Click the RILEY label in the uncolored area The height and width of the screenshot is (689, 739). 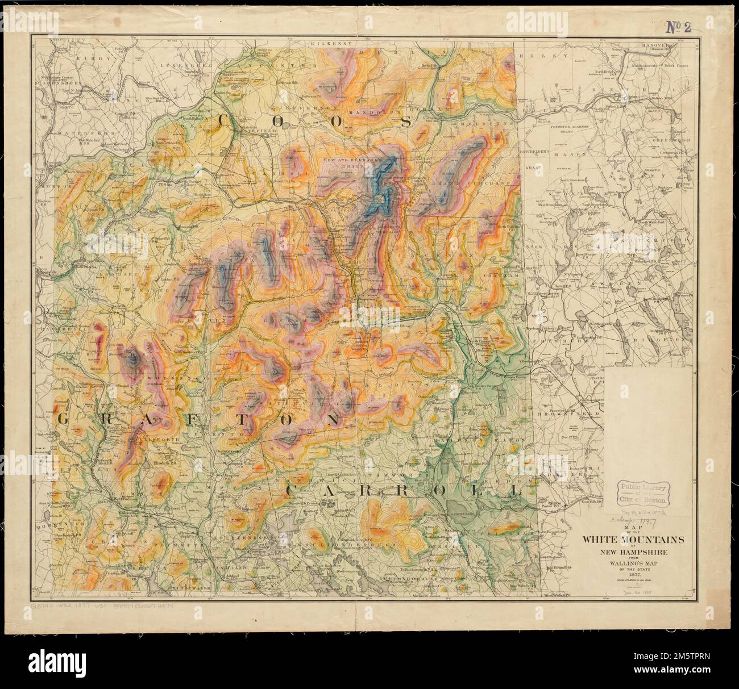click(x=558, y=56)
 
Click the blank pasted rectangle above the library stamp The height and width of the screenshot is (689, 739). click(x=648, y=420)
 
